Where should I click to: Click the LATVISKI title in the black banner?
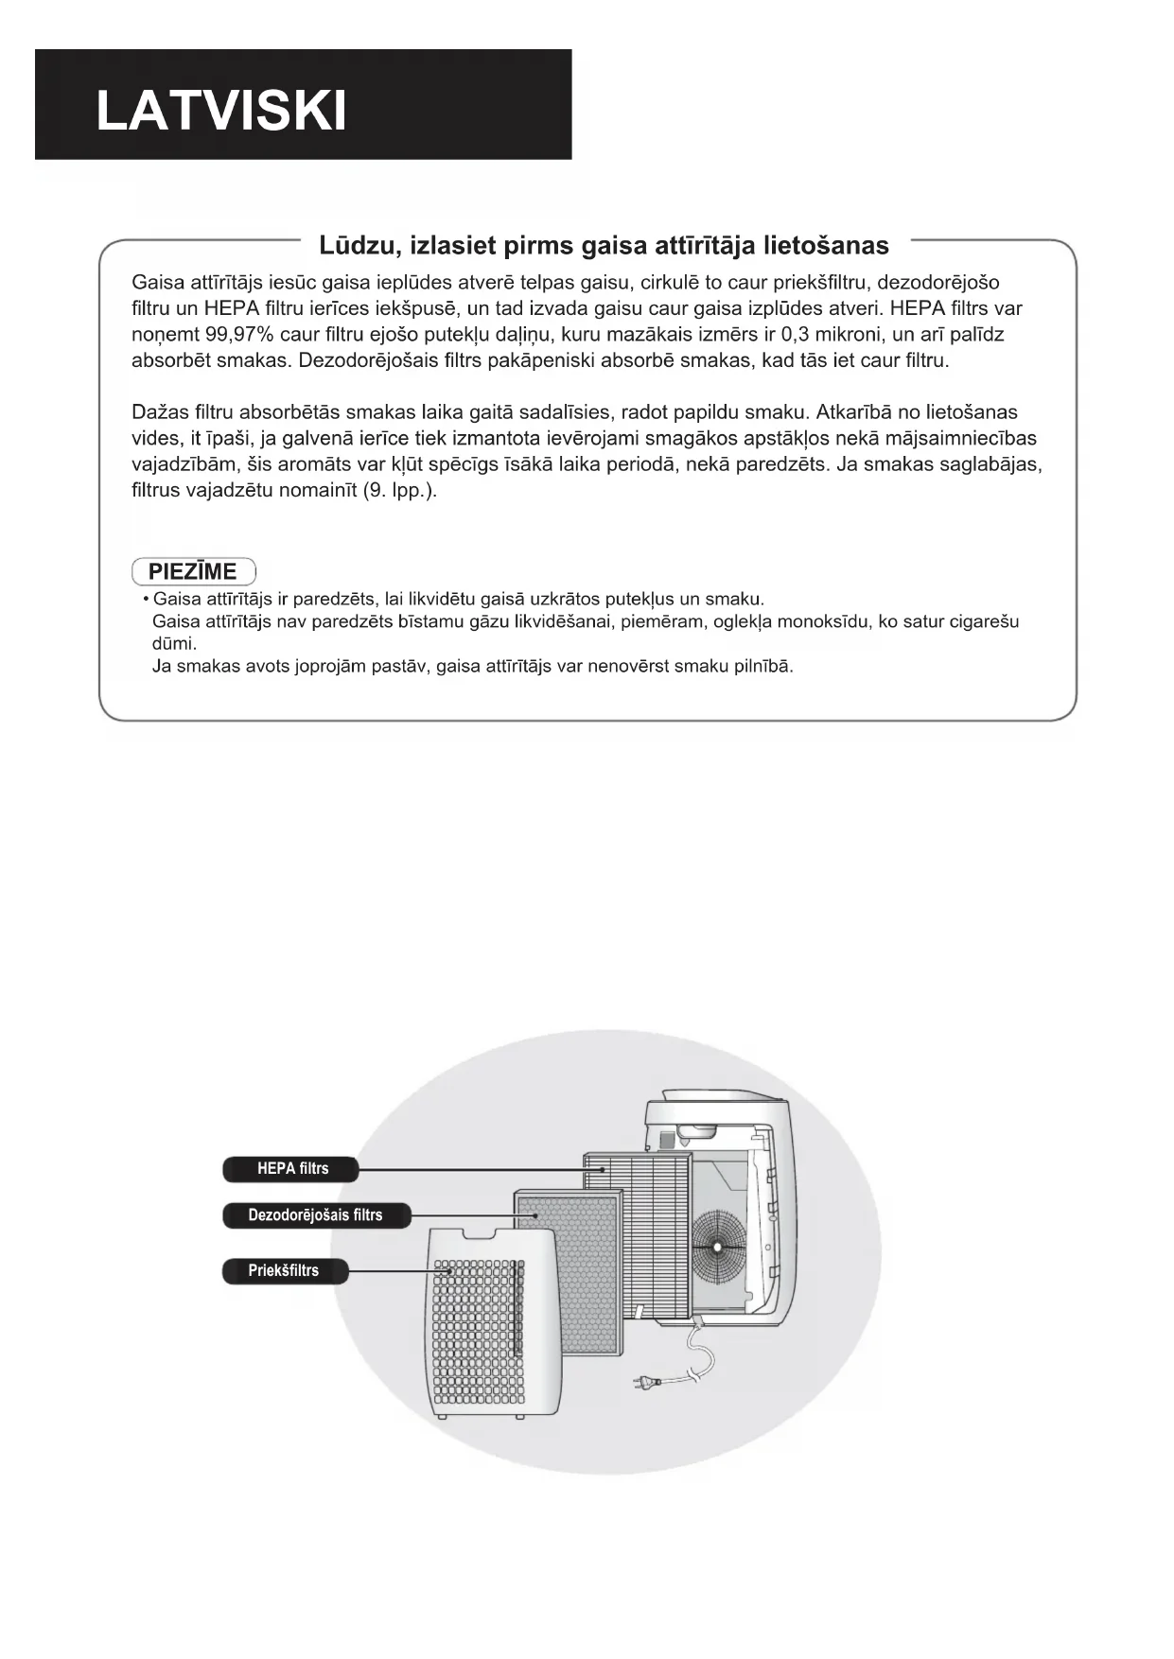(221, 112)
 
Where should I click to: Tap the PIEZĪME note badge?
(193, 571)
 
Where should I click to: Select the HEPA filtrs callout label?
(291, 1169)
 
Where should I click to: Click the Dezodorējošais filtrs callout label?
(316, 1215)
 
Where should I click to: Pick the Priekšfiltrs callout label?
(284, 1270)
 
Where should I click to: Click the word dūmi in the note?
(174, 644)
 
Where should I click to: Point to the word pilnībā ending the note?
(762, 666)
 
